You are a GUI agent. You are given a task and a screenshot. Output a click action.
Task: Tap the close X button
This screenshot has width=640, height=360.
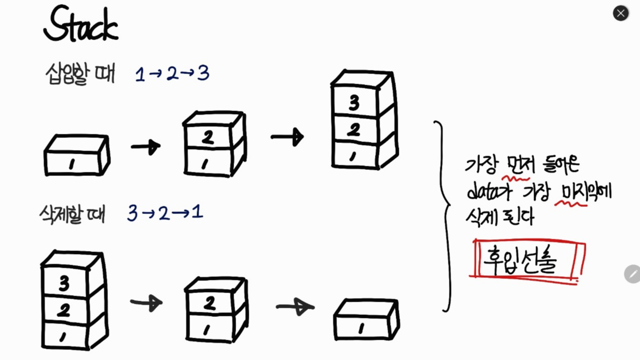(x=620, y=13)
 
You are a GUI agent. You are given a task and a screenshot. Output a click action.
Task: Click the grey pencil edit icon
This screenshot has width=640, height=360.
(x=632, y=274)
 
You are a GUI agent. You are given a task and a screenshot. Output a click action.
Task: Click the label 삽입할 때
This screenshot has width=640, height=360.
(x=80, y=75)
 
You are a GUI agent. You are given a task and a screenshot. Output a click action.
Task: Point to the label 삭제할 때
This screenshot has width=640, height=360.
(x=72, y=213)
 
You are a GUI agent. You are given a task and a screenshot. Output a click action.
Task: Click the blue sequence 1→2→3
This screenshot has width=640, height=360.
(x=172, y=74)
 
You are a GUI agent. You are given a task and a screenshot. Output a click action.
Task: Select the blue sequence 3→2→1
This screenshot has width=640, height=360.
(x=165, y=212)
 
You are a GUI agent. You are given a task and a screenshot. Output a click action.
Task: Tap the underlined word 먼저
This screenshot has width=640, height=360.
(x=517, y=165)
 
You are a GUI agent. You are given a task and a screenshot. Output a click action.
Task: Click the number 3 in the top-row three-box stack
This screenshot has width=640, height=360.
(x=354, y=103)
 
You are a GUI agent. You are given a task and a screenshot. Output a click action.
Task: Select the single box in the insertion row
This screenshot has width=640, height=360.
(x=76, y=155)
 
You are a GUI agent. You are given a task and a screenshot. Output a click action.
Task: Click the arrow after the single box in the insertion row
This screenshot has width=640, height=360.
(x=146, y=147)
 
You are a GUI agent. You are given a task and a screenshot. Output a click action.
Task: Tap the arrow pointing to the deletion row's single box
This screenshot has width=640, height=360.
(x=295, y=306)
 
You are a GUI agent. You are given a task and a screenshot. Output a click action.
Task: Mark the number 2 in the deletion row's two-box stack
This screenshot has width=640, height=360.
(x=209, y=303)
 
